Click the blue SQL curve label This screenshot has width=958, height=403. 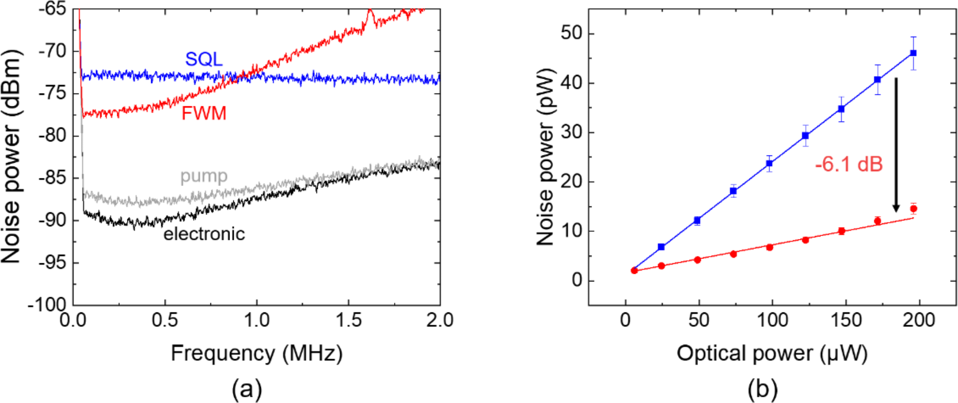click(x=204, y=59)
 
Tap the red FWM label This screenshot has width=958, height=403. click(x=204, y=114)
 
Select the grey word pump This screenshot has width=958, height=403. click(x=204, y=176)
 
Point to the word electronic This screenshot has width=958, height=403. click(x=204, y=234)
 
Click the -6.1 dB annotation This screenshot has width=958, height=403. click(x=849, y=165)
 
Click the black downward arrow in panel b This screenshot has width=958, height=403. click(x=896, y=143)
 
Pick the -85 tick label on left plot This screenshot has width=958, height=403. click(x=52, y=178)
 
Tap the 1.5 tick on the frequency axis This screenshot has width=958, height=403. click(x=349, y=320)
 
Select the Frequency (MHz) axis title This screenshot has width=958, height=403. click(x=257, y=353)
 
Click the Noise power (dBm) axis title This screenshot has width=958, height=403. click(x=11, y=156)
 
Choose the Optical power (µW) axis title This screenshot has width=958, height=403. click(x=771, y=353)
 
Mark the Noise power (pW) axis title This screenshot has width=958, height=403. click(x=546, y=156)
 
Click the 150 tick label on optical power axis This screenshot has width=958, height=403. click(x=846, y=320)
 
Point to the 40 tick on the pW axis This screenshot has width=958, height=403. click(x=572, y=83)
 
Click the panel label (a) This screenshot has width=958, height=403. click(x=247, y=389)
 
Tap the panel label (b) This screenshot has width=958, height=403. click(x=762, y=389)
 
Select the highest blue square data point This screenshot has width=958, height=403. click(x=913, y=53)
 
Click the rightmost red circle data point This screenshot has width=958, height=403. click(x=913, y=208)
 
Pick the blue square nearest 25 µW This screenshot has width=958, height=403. click(x=661, y=247)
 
